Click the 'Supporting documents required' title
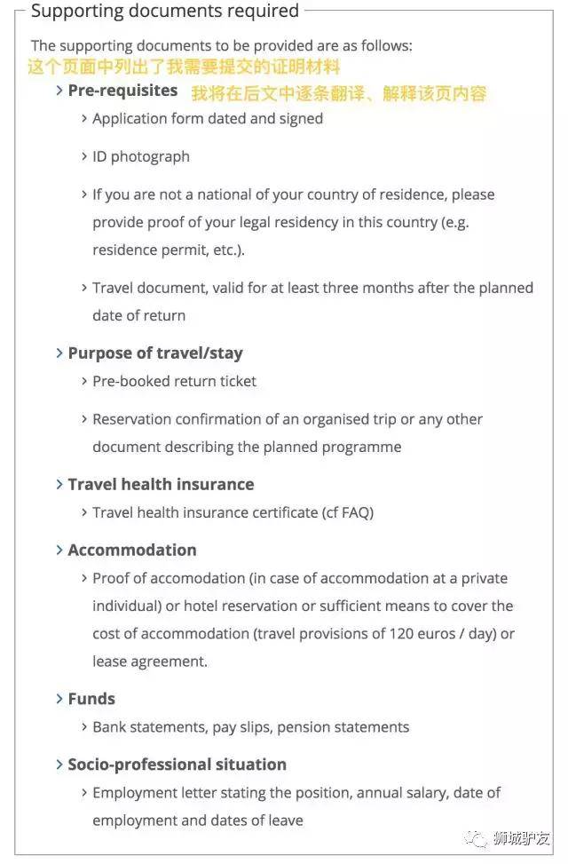pyautogui.click(x=165, y=12)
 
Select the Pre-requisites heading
pyautogui.click(x=122, y=91)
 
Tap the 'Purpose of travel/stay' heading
pyautogui.click(x=154, y=353)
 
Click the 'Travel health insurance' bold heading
pyautogui.click(x=161, y=484)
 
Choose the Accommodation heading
pyautogui.click(x=132, y=550)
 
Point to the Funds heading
pyautogui.click(x=91, y=699)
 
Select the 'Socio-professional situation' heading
pyautogui.click(x=177, y=765)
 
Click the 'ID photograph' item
pyautogui.click(x=141, y=156)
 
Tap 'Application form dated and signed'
pyautogui.click(x=208, y=118)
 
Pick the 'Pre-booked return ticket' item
pyautogui.click(x=174, y=381)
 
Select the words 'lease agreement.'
pyautogui.click(x=150, y=662)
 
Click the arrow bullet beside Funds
pyautogui.click(x=59, y=699)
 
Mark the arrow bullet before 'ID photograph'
pyautogui.click(x=84, y=156)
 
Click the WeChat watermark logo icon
pyautogui.click(x=478, y=837)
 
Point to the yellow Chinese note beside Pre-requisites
pyautogui.click(x=338, y=92)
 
